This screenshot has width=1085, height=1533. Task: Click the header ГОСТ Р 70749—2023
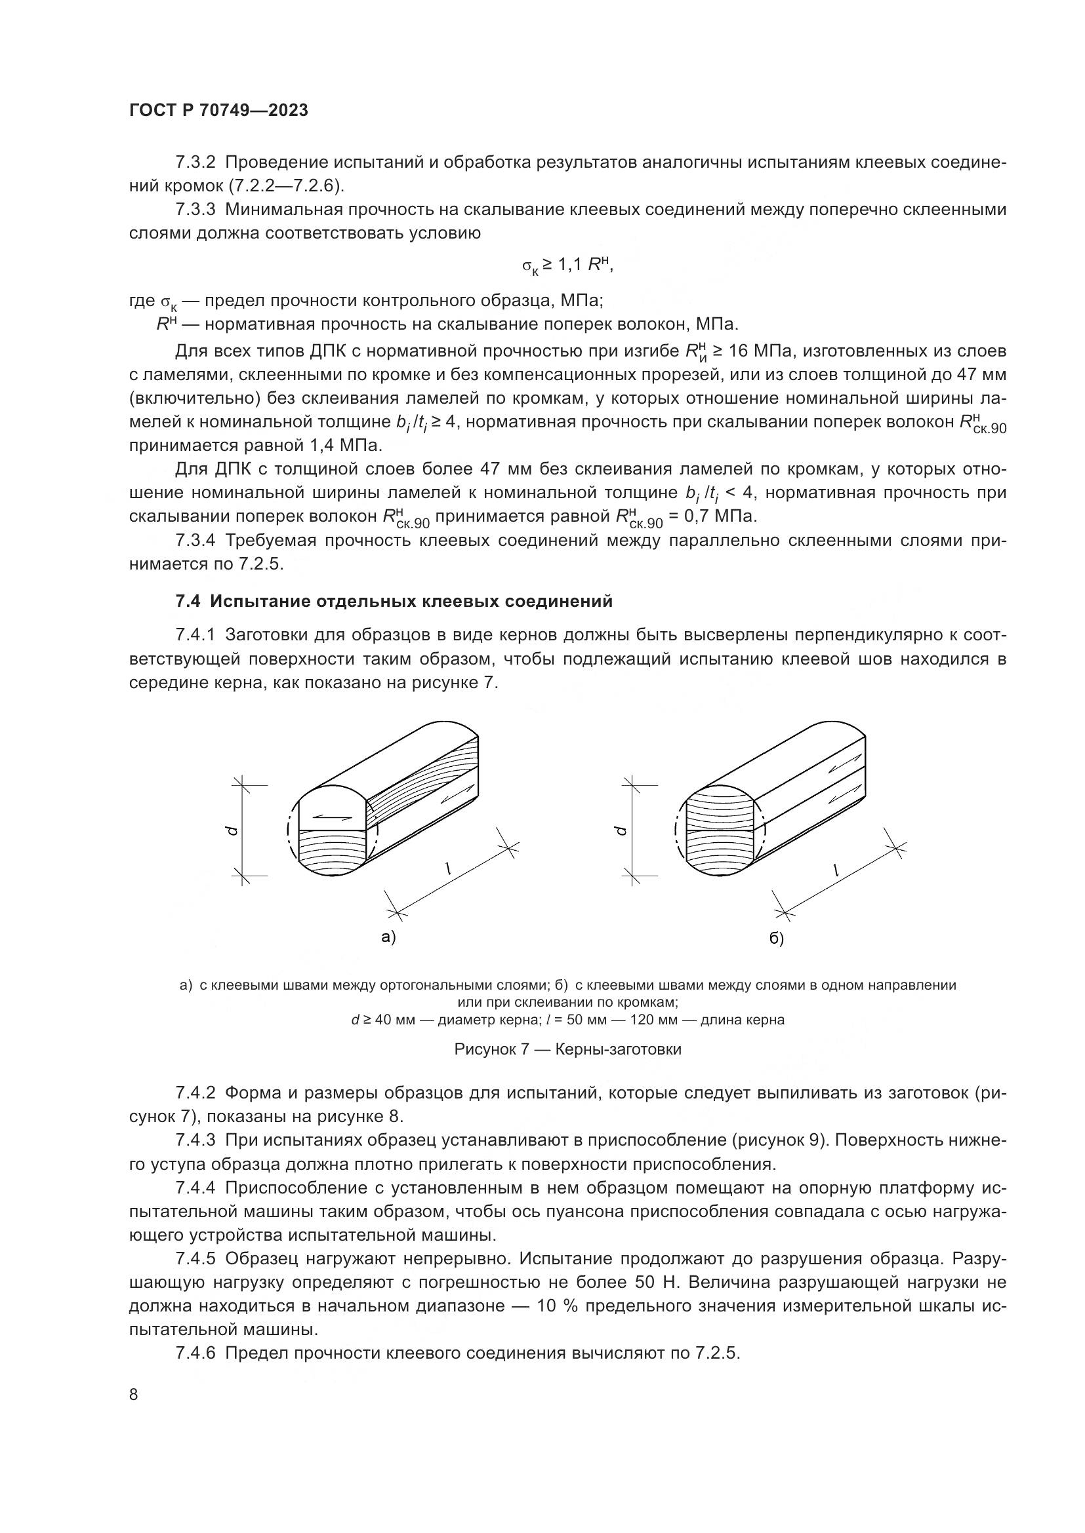click(218, 111)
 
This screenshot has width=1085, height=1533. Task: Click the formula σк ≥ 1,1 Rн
click(567, 265)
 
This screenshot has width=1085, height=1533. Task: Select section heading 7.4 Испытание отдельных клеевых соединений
click(394, 601)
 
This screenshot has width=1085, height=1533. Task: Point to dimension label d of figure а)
click(231, 830)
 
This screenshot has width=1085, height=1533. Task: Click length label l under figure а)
click(448, 868)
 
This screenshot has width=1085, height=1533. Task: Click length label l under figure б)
click(835, 868)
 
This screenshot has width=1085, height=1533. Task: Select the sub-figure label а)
click(389, 936)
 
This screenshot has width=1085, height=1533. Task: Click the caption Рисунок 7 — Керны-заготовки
click(567, 1049)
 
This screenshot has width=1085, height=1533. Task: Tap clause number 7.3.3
click(195, 210)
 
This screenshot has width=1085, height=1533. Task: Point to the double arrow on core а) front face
click(332, 815)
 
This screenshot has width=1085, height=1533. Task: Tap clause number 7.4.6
click(195, 1353)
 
